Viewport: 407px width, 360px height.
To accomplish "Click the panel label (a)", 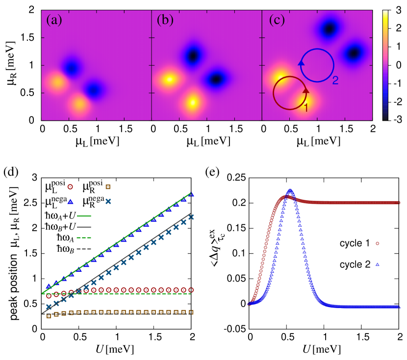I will [54, 20].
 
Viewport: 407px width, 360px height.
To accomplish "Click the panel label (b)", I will [165, 20].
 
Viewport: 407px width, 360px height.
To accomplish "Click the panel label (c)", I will [277, 20].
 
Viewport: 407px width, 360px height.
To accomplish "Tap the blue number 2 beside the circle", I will [335, 80].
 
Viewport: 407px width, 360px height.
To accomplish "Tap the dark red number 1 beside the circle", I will [306, 108].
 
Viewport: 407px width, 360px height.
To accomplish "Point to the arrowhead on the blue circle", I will [301, 62].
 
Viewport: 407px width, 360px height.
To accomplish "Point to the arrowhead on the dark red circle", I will [306, 90].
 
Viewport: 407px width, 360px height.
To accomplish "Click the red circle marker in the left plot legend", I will [70, 187].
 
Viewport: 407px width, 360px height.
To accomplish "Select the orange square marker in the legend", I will [108, 187].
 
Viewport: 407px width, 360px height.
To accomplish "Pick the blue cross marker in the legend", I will [108, 201].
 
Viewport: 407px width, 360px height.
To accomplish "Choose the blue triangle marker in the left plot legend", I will [70, 201].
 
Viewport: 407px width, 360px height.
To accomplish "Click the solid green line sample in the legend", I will [84, 216].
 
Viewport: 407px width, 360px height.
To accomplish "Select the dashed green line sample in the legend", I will [84, 238].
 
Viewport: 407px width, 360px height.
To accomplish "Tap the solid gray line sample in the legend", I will [84, 227].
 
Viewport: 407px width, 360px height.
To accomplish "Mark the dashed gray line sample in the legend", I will [84, 249].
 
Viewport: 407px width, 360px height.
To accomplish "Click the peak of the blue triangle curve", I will [290, 191].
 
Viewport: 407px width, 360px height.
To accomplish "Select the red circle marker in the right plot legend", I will [377, 243].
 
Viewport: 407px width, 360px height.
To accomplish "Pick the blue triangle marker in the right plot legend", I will [377, 264].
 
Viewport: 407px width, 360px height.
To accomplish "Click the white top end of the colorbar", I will [385, 13].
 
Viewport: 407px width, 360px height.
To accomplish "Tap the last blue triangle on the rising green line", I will [191, 194].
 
